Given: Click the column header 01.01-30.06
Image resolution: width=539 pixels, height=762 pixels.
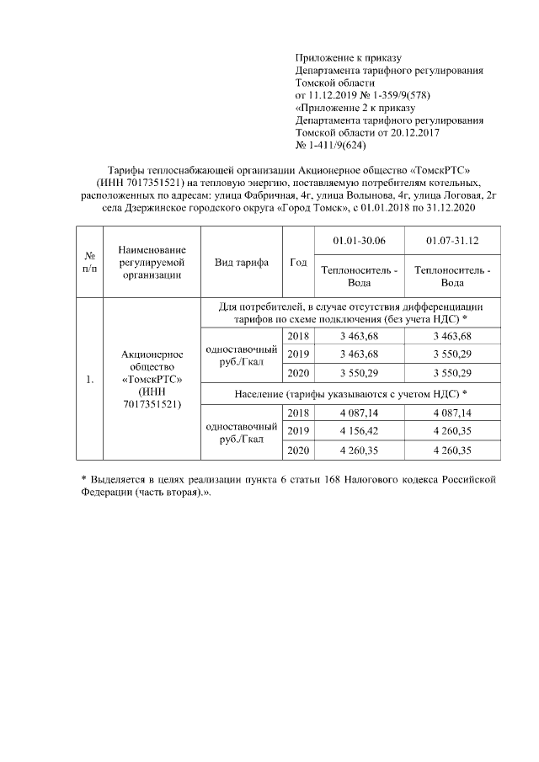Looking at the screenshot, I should point(359,241).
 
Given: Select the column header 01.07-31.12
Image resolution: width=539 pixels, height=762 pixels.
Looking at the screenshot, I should point(452,241).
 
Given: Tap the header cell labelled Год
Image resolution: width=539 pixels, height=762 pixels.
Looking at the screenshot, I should point(298,263).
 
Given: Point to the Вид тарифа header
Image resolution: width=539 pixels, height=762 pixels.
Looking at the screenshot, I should point(242,263).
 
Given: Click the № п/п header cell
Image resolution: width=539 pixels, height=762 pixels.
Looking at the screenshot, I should point(88,263).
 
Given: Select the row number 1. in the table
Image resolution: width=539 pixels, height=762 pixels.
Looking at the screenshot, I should point(88,380).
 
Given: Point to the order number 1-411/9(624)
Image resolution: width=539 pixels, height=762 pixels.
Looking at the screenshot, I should point(329,146).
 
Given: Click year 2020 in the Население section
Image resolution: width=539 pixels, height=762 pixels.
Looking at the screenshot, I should point(298,451).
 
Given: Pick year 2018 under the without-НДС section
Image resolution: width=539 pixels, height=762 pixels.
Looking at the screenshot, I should point(298,336).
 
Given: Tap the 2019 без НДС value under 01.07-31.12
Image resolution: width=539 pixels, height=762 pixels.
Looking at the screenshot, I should point(452,354).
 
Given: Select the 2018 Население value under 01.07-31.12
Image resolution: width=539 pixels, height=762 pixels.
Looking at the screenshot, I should point(452,413).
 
